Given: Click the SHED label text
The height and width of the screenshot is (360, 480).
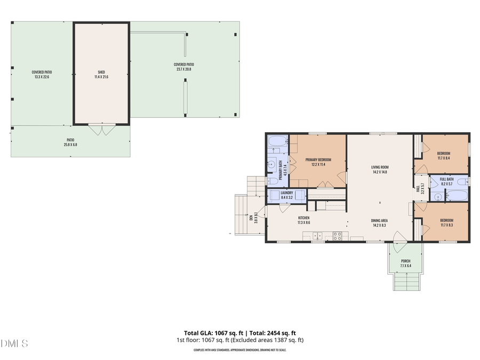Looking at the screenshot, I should pyautogui.click(x=101, y=72).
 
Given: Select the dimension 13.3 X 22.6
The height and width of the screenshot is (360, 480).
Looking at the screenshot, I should pyautogui.click(x=42, y=77).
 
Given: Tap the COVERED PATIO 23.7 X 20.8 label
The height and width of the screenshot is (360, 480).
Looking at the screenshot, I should pyautogui.click(x=183, y=67).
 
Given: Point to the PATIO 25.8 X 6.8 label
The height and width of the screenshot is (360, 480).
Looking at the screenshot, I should pyautogui.click(x=70, y=142).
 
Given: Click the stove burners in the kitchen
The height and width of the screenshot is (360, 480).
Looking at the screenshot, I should pyautogui.click(x=337, y=236).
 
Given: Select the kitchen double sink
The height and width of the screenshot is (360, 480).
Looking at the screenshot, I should pyautogui.click(x=318, y=236).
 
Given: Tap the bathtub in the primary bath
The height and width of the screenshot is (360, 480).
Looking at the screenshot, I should pyautogui.click(x=277, y=142).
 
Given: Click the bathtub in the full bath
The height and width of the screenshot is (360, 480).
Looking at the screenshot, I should pyautogui.click(x=457, y=196).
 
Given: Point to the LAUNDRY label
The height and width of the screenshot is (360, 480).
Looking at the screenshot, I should pyautogui.click(x=286, y=193).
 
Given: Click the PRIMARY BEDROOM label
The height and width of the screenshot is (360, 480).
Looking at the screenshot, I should pyautogui.click(x=318, y=160).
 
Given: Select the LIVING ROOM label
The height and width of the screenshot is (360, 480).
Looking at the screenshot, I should pyautogui.click(x=380, y=167).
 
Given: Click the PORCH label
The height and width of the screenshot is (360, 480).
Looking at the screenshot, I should pyautogui.click(x=406, y=261).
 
